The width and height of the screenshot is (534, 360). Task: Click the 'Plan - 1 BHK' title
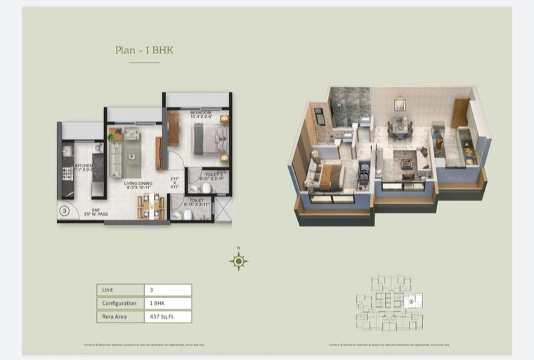tap(144, 50)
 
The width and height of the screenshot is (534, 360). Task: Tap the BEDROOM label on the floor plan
tap(200, 112)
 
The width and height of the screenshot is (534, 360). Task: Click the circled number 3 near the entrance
tap(65, 210)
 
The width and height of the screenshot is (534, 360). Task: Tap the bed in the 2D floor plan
tap(210, 139)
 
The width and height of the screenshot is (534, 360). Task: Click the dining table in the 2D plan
tap(151, 206)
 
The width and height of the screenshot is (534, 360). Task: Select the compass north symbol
tap(239, 262)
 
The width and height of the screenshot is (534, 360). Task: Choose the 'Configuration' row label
tap(119, 303)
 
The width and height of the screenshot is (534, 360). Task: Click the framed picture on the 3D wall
tap(400, 105)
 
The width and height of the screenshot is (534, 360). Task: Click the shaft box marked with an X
tap(223, 209)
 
